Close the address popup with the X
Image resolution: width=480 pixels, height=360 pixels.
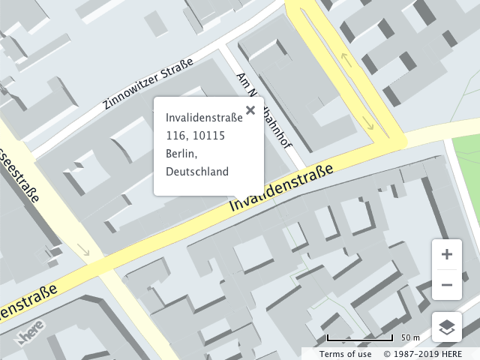pyautogui.click(x=250, y=110)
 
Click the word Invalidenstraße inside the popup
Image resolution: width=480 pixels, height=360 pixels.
pyautogui.click(x=204, y=117)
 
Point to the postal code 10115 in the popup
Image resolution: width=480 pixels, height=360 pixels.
pyautogui.click(x=208, y=135)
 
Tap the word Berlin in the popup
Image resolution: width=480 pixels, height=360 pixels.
pyautogui.click(x=181, y=154)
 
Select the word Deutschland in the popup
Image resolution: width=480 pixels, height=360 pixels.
pyautogui.click(x=196, y=172)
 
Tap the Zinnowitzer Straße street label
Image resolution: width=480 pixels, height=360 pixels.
pyautogui.click(x=148, y=83)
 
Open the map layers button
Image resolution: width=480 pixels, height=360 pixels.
pyautogui.click(x=447, y=327)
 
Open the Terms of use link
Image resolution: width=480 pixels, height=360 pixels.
pyautogui.click(x=345, y=354)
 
